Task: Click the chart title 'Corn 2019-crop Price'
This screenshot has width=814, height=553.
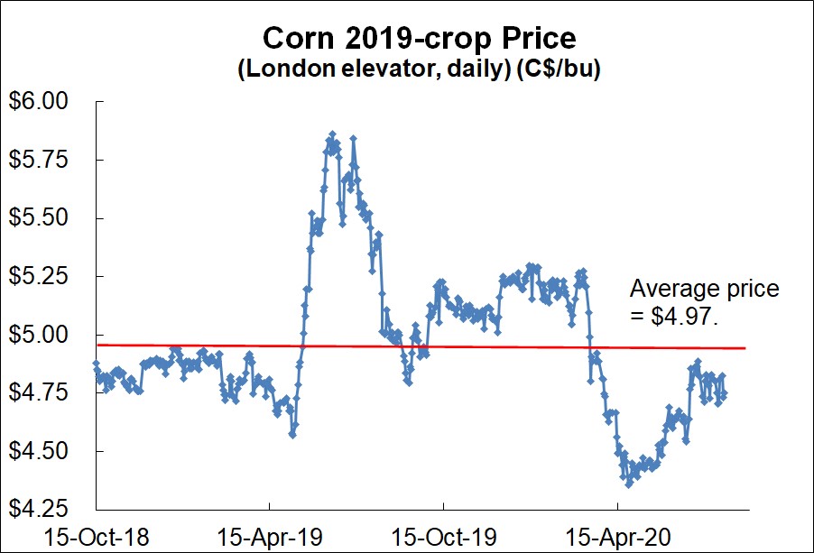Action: click(418, 39)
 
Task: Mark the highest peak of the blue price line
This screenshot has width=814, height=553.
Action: click(332, 134)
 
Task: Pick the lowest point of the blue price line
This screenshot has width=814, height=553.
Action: click(628, 484)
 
